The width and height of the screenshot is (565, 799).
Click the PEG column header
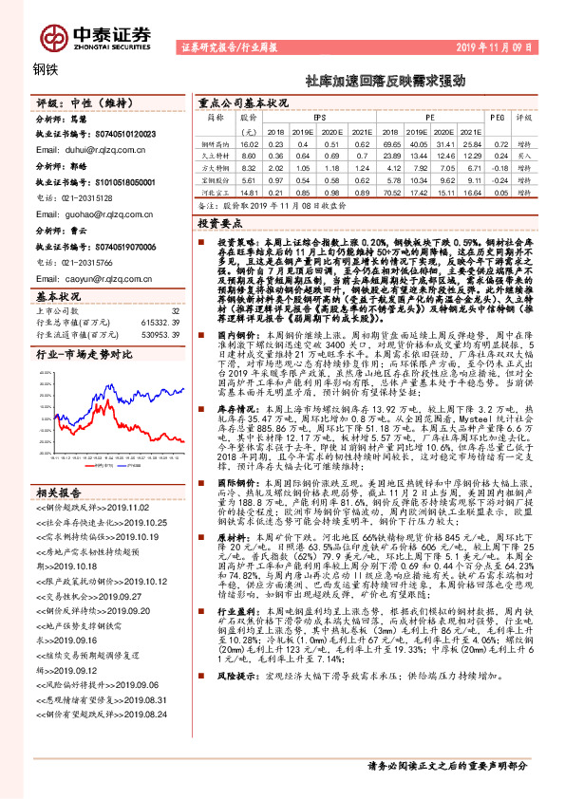pos(495,119)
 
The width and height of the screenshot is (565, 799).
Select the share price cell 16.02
pos(249,142)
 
